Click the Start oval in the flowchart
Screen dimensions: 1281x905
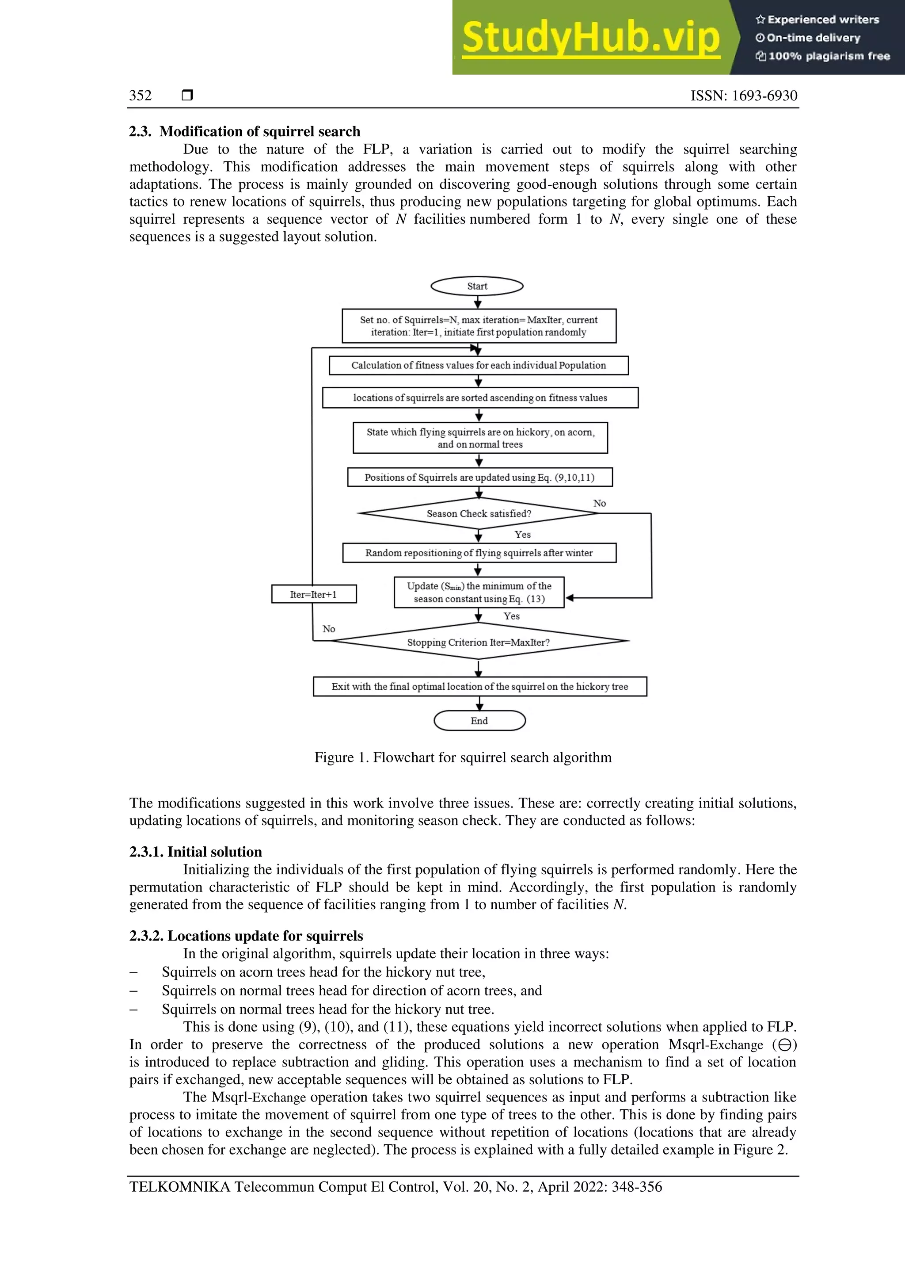[477, 286]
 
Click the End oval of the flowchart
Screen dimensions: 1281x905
[479, 720]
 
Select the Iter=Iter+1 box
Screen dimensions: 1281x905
[313, 594]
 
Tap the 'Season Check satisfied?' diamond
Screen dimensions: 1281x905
[479, 513]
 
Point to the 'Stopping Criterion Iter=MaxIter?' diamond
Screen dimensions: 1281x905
[479, 642]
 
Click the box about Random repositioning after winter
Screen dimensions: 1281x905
[479, 553]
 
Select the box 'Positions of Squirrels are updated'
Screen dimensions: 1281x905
[479, 477]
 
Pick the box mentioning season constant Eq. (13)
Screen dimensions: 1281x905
[479, 593]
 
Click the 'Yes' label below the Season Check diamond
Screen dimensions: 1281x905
[522, 535]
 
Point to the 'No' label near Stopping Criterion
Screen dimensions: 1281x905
[328, 629]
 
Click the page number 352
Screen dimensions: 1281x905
[141, 96]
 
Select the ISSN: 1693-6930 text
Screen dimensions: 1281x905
[743, 96]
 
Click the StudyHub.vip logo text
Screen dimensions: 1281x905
[590, 38]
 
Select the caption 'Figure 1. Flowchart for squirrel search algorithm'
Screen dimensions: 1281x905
[463, 757]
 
